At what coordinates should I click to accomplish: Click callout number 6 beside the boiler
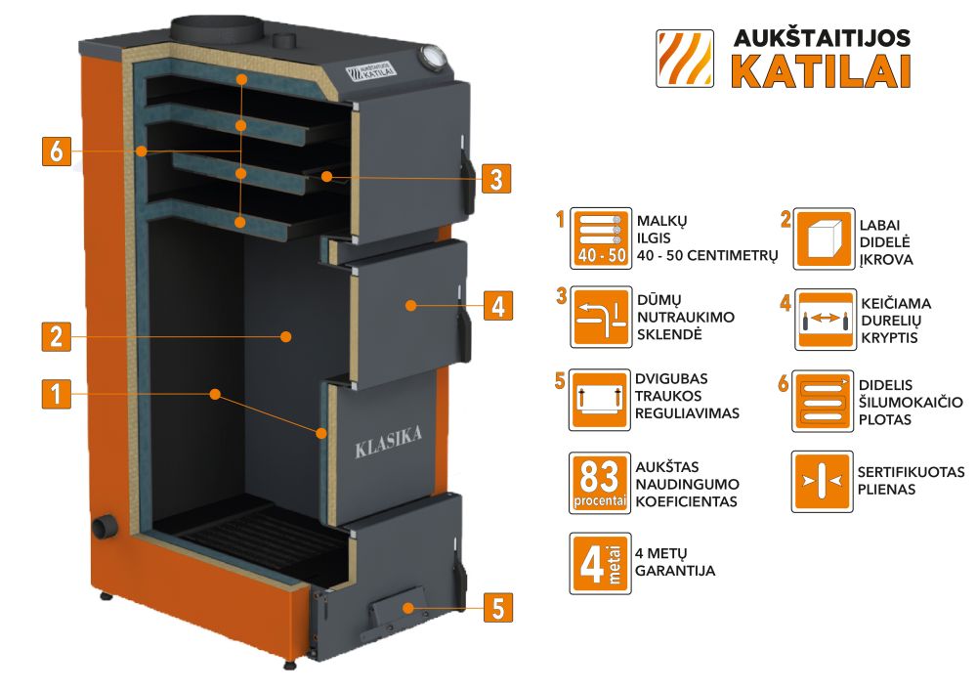click(x=57, y=152)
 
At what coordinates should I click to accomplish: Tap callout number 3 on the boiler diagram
click(x=496, y=179)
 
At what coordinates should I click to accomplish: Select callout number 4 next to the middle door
click(x=496, y=306)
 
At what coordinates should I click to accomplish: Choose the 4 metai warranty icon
click(x=597, y=562)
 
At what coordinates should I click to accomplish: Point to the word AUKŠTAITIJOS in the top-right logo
click(x=822, y=37)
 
